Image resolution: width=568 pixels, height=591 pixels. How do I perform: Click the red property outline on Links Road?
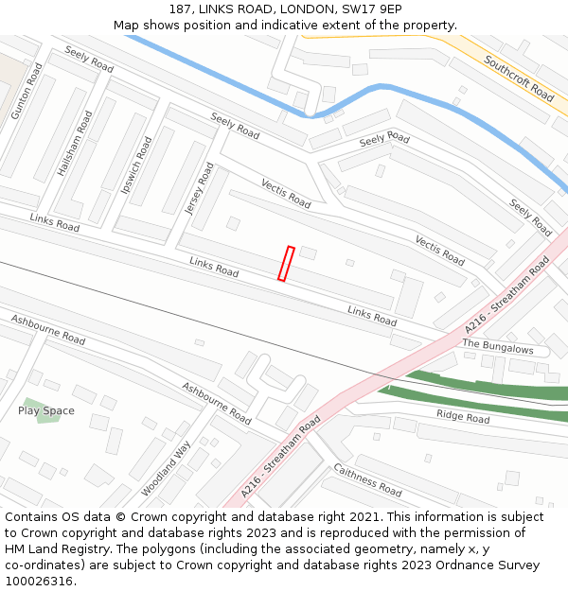[x=286, y=264]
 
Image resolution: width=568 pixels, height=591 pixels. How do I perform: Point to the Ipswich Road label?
[x=136, y=165]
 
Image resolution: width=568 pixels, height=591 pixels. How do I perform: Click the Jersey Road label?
[x=200, y=189]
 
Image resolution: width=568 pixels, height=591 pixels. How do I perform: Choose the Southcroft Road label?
[x=519, y=78]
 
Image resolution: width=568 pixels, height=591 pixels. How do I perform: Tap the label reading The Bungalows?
[x=498, y=347]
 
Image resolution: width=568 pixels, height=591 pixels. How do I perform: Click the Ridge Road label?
[x=463, y=417]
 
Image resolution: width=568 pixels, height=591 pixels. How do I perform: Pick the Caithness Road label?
[x=367, y=480]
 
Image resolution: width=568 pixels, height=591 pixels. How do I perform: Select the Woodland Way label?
[x=166, y=468]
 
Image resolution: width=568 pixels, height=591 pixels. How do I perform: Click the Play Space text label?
[x=45, y=411]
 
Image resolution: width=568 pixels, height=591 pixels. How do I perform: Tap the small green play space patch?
[x=47, y=410]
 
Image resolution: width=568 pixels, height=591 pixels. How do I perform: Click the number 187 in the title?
[x=181, y=9]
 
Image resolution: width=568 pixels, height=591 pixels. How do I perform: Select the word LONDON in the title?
[x=283, y=9]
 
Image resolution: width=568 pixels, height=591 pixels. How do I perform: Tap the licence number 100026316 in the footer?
[x=38, y=582]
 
